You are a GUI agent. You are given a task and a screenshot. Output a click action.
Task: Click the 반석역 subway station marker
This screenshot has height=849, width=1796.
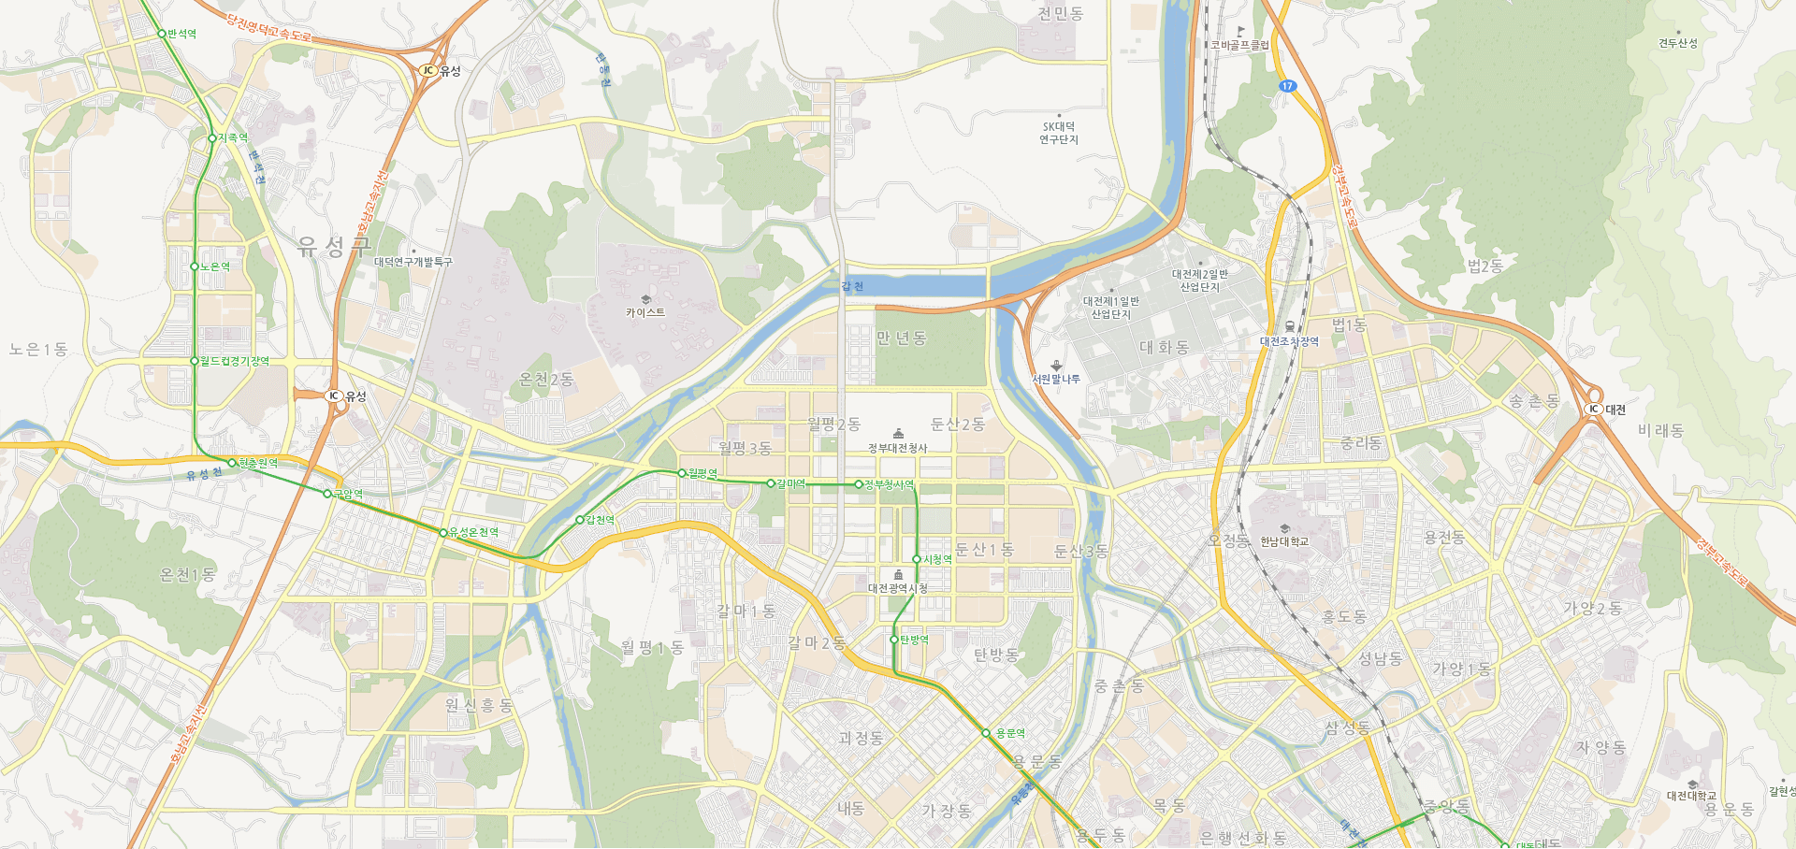162,34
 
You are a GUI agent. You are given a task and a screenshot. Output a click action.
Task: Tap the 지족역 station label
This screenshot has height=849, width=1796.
233,137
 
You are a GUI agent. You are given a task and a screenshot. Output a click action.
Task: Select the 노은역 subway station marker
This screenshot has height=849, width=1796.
195,266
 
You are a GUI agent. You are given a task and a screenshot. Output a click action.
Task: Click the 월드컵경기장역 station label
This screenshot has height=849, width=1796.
235,361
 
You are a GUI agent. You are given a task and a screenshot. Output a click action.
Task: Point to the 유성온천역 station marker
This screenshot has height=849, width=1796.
443,533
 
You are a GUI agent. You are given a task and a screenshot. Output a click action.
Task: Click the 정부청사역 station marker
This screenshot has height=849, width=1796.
859,484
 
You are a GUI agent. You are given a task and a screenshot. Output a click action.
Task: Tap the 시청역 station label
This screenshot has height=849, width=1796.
937,559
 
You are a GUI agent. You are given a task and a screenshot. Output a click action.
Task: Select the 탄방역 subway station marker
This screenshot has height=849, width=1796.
894,640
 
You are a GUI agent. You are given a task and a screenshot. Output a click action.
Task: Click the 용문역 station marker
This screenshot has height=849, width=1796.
986,733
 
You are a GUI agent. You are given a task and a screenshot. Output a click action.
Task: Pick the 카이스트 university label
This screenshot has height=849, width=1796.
645,312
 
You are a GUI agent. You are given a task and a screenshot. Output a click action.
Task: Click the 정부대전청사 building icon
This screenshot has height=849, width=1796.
898,434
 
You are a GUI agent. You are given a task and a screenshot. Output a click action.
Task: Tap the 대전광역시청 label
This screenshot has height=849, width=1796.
897,588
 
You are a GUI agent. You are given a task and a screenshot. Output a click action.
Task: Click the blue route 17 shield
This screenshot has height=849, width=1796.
1288,86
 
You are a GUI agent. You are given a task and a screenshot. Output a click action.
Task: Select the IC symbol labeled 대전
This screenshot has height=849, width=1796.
1593,410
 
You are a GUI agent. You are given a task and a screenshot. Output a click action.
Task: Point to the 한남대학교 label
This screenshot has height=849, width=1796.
1284,541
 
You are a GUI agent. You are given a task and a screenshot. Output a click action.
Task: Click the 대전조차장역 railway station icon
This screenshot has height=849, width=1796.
1290,326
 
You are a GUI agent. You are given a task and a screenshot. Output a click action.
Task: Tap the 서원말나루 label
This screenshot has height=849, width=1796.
1056,379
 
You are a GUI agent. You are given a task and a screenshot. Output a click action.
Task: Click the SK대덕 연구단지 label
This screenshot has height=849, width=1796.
1059,133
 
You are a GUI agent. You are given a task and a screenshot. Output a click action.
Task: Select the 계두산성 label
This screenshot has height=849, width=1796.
1678,43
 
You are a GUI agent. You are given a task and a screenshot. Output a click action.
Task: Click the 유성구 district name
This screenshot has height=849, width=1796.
334,246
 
